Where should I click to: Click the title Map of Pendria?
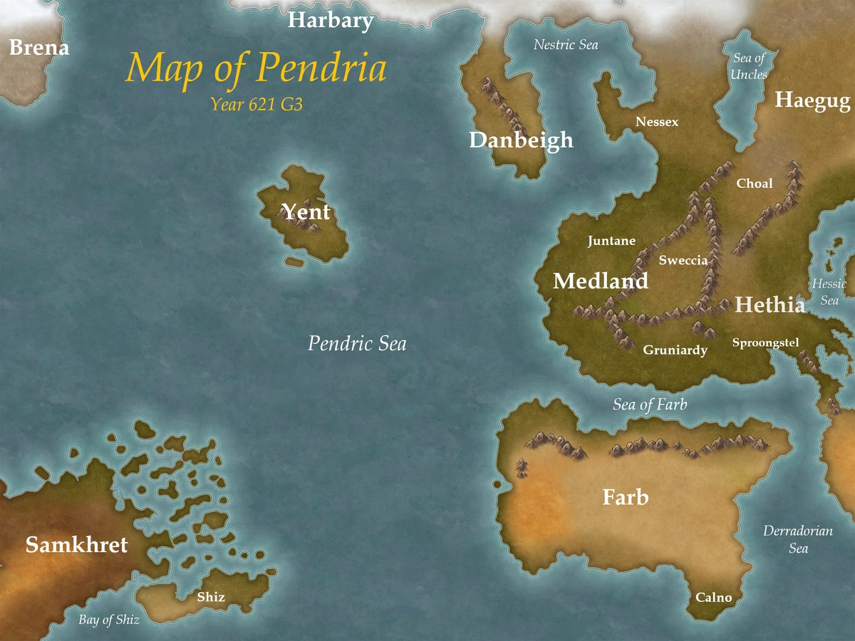256,69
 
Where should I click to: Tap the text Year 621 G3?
257,105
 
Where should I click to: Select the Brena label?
39,48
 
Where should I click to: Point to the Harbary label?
330,21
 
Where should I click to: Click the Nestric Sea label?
566,45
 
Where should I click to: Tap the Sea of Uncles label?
749,66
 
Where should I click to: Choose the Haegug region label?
812,100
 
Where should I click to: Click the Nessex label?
657,122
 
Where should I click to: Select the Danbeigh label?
521,140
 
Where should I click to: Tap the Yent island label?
306,212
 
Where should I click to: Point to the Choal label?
755,184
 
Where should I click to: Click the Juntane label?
611,241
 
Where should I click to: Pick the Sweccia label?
683,260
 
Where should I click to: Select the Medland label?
601,281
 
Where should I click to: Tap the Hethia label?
769,305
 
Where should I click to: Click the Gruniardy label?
675,350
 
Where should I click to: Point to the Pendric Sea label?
357,344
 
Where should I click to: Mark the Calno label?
713,598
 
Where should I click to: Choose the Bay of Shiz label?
109,620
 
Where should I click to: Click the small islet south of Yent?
294,263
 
